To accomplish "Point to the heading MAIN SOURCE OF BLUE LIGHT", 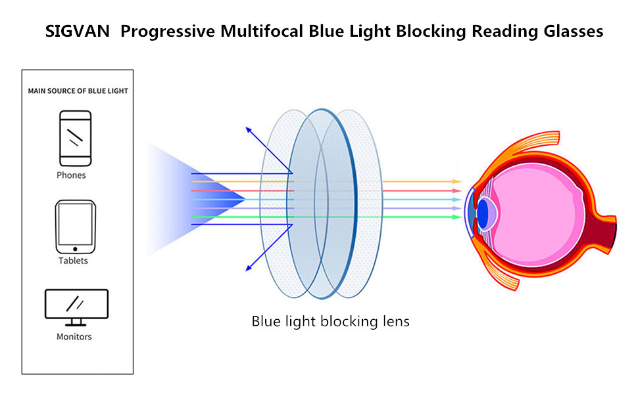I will coord(78,91).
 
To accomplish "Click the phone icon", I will coord(76,138).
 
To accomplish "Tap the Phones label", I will coord(71,175).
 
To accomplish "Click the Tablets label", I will coord(72,261).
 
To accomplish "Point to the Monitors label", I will coord(74,337).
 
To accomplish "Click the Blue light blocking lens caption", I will coord(330,322).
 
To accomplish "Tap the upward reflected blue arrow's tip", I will coord(247,127).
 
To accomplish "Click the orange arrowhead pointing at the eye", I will coord(458,181).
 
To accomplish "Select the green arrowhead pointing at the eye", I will coord(458,217).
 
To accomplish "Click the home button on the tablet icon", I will coord(74,249).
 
